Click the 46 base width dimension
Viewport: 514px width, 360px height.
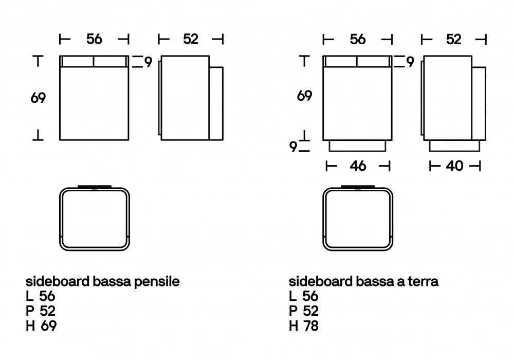point(358,166)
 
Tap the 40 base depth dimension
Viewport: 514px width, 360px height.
point(454,166)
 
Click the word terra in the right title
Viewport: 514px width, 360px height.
point(421,282)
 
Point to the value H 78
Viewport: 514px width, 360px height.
point(304,326)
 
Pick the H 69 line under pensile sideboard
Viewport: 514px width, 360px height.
point(41,326)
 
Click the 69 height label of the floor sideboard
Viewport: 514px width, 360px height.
point(304,96)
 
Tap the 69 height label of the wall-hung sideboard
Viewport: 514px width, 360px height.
point(38,98)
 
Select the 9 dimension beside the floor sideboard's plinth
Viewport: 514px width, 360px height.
point(293,147)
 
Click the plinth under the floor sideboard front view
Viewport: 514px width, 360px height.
point(357,146)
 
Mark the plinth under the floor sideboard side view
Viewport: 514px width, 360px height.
point(454,146)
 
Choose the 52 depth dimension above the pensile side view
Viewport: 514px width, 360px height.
point(190,39)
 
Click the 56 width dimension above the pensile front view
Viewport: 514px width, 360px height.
point(94,39)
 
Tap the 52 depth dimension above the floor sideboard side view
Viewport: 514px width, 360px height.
point(453,39)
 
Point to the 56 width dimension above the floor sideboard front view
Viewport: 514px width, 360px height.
point(357,39)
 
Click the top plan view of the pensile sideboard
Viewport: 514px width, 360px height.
point(94,219)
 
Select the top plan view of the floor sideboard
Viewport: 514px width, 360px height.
point(357,219)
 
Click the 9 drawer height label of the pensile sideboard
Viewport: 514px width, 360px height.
point(148,62)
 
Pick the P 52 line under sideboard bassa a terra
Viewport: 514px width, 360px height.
point(304,311)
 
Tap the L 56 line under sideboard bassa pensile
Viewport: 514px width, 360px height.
point(41,296)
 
